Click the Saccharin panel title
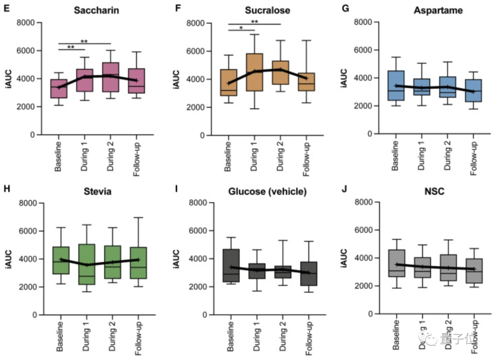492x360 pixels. (97, 10)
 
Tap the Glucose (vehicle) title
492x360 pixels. (267, 191)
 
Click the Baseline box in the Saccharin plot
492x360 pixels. (59, 89)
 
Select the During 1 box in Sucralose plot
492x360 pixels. (254, 72)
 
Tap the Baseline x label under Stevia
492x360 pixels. (59, 337)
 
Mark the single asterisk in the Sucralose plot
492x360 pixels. (241, 28)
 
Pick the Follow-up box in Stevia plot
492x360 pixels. (138, 263)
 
